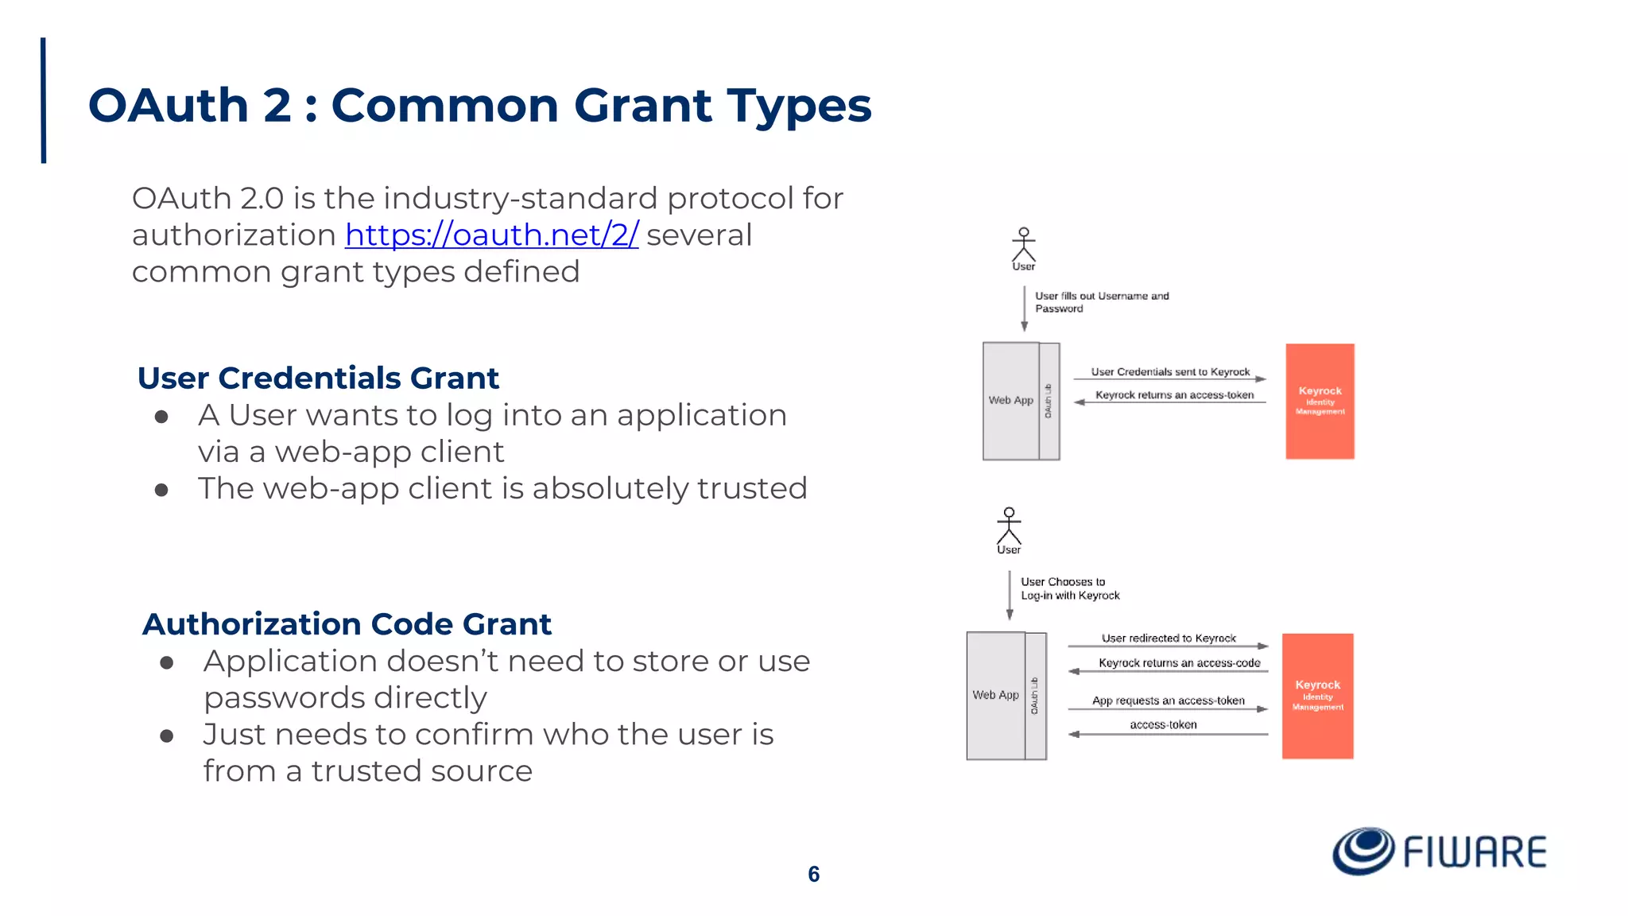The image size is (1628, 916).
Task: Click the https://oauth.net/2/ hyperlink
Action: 491,235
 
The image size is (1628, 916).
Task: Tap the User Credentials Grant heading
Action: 318,378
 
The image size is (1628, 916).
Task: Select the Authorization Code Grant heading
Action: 347,624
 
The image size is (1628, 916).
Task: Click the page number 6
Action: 813,874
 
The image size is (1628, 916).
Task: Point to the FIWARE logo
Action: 1439,852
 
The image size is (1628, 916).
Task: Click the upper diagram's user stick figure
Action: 1024,245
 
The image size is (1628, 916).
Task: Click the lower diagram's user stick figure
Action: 1009,526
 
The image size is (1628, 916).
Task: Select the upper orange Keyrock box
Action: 1320,401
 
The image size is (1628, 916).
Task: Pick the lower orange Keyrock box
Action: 1317,696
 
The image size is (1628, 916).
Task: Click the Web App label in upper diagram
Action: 1010,400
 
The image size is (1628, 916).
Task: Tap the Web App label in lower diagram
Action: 995,695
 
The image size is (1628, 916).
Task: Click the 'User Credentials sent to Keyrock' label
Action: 1170,371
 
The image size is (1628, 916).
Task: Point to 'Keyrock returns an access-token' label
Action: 1174,395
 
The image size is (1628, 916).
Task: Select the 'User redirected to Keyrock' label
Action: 1169,638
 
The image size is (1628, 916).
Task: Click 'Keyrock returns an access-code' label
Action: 1179,663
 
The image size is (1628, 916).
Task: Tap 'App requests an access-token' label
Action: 1168,701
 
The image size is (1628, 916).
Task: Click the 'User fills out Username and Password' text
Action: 1101,302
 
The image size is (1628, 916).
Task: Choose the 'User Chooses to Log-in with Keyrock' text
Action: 1069,588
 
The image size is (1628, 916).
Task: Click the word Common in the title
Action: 444,105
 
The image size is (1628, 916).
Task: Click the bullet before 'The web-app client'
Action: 161,490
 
